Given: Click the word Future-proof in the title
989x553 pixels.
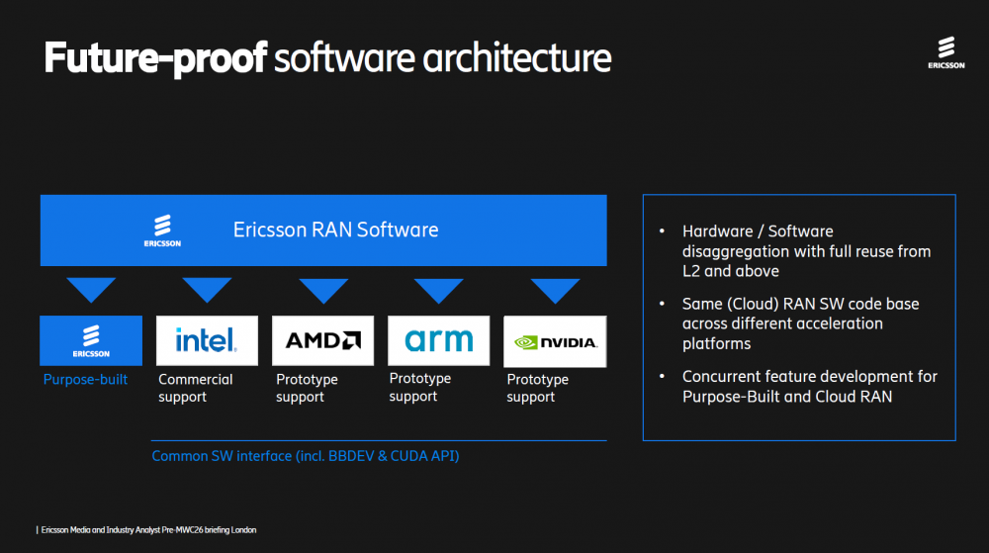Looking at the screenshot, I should (155, 58).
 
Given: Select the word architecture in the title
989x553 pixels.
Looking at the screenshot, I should (517, 58).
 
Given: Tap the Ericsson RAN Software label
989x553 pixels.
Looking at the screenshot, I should (335, 230).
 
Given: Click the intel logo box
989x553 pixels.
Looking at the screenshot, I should (207, 341).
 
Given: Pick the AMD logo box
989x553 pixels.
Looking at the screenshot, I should (322, 341).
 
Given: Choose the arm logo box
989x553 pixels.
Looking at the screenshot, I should (438, 341).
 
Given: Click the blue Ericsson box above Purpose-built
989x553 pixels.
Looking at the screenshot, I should (91, 341).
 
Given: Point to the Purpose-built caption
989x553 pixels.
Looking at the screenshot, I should (85, 379).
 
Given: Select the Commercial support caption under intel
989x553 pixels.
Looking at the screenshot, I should (196, 388).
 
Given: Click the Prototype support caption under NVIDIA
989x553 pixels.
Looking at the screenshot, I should (538, 388).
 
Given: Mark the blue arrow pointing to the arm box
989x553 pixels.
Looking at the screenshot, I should (439, 289).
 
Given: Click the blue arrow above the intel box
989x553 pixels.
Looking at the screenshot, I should (207, 289).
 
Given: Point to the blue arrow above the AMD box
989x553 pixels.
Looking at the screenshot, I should (323, 289).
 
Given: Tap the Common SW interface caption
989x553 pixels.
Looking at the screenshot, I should (305, 456).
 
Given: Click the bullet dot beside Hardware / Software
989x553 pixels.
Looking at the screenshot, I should (662, 232).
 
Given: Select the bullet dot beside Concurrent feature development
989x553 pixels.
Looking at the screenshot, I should (662, 377).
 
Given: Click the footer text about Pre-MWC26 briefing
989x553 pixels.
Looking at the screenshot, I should (148, 530).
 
